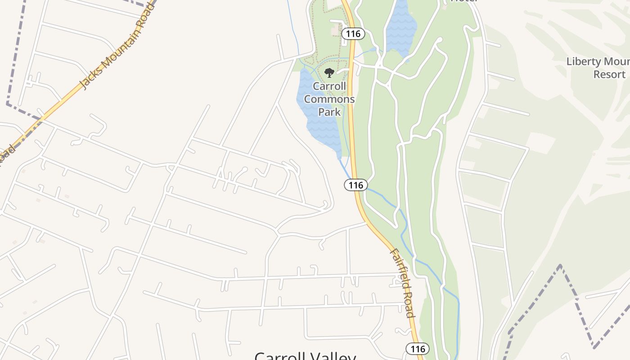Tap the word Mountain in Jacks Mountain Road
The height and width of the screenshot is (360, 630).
118,45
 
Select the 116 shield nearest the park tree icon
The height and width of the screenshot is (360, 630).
353,33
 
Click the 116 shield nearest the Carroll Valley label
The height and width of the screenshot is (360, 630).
418,349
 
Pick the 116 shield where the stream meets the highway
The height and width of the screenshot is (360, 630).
356,185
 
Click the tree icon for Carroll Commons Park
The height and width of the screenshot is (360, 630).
329,73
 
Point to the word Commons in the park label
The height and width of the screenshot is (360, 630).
329,99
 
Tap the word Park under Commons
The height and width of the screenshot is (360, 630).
329,111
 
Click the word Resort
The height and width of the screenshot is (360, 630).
609,74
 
